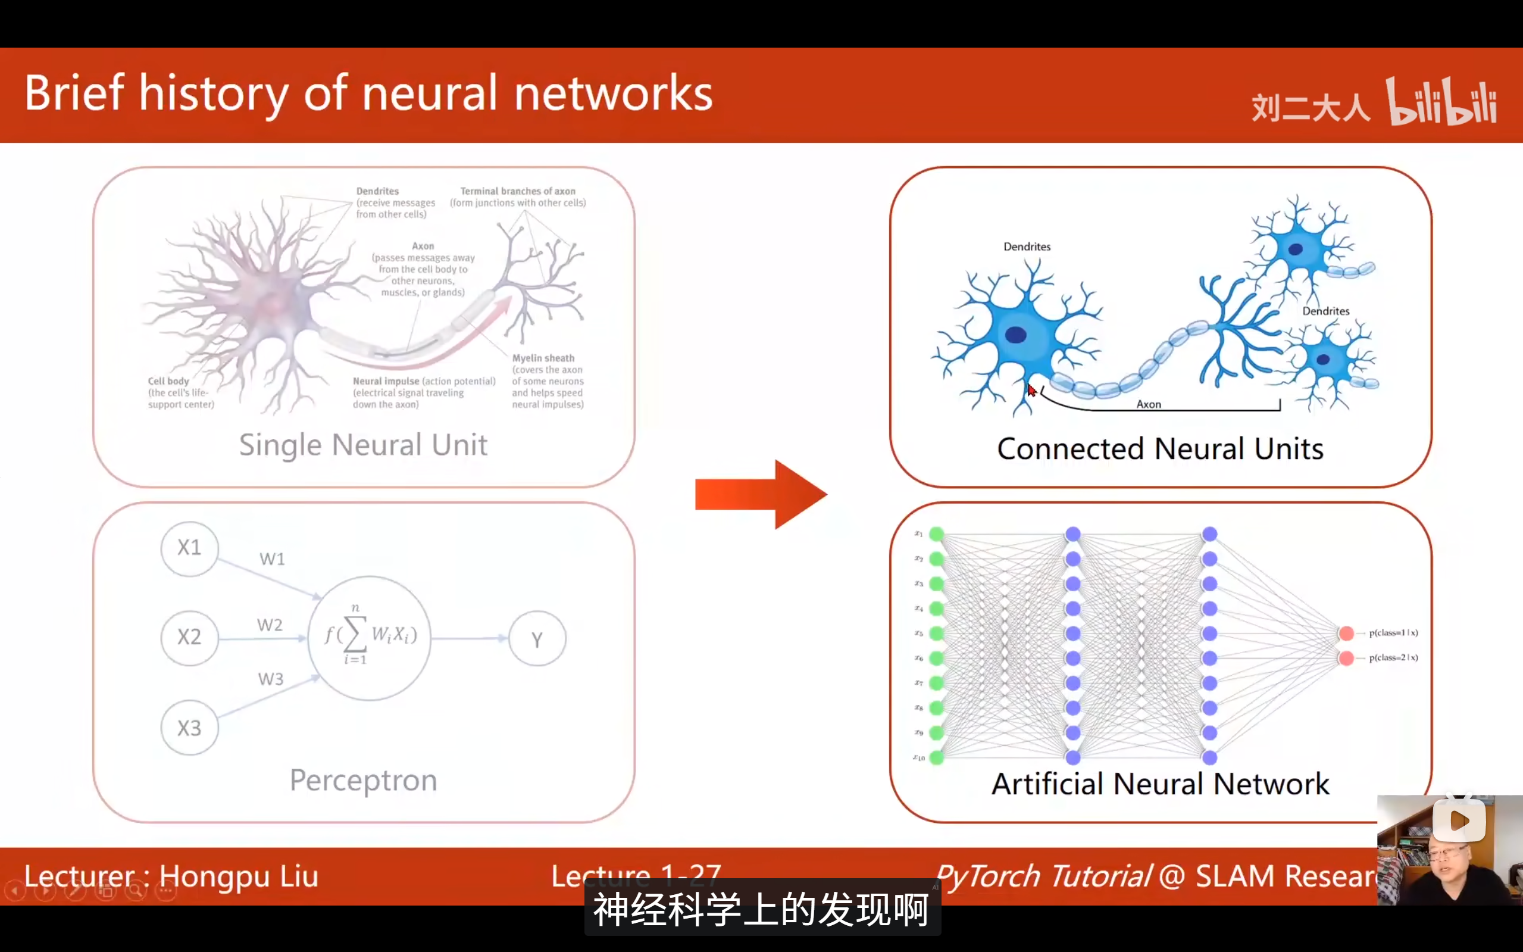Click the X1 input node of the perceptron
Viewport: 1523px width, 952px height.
pyautogui.click(x=189, y=548)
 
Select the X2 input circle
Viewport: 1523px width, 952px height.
pyautogui.click(x=189, y=637)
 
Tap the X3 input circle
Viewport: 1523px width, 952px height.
pyautogui.click(x=189, y=728)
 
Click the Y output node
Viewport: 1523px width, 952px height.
pyautogui.click(x=537, y=639)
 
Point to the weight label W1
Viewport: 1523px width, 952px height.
pyautogui.click(x=272, y=559)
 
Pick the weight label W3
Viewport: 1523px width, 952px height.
pyautogui.click(x=271, y=679)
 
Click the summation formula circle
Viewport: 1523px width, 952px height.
pyautogui.click(x=370, y=637)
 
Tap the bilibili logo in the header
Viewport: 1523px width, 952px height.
pyautogui.click(x=1441, y=102)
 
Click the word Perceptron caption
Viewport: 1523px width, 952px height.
pyautogui.click(x=363, y=781)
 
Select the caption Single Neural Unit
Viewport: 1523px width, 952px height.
pyautogui.click(x=363, y=445)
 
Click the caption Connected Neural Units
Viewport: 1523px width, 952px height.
pyautogui.click(x=1160, y=449)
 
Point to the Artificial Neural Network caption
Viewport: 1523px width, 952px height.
pyautogui.click(x=1160, y=785)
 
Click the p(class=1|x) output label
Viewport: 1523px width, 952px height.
pyautogui.click(x=1393, y=633)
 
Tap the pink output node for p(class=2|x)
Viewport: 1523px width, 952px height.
pyautogui.click(x=1346, y=658)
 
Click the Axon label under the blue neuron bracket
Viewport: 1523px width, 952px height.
pyautogui.click(x=1149, y=404)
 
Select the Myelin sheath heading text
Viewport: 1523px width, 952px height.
pyautogui.click(x=543, y=358)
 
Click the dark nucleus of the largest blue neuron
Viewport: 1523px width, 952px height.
pyautogui.click(x=1016, y=335)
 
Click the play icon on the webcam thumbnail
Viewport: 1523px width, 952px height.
pyautogui.click(x=1459, y=820)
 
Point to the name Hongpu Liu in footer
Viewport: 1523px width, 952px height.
pyautogui.click(x=239, y=876)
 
